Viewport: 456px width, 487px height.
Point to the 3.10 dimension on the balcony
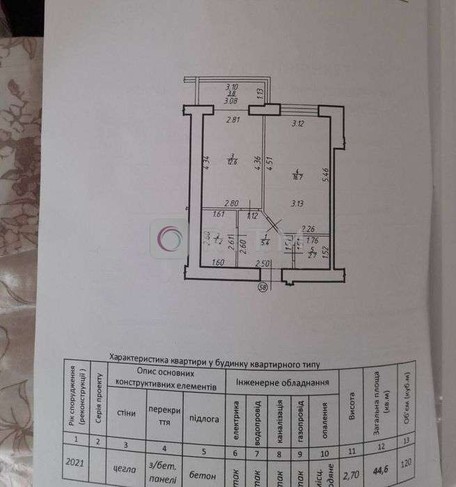(231, 86)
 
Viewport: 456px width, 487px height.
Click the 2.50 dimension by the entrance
(262, 263)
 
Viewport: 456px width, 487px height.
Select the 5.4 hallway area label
(265, 242)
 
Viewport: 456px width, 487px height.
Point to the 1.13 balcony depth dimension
(259, 91)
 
